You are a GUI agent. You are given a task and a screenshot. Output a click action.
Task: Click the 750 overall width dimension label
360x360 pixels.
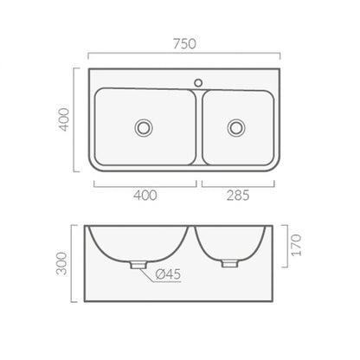pyautogui.click(x=184, y=44)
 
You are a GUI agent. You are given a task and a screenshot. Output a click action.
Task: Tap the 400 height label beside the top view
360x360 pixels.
pyautogui.click(x=64, y=119)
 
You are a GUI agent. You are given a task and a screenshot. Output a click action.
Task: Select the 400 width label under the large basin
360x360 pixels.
pyautogui.click(x=145, y=196)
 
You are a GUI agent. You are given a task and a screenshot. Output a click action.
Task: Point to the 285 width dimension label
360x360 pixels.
pyautogui.click(x=238, y=196)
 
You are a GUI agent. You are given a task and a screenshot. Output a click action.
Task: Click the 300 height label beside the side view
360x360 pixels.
pyautogui.click(x=61, y=263)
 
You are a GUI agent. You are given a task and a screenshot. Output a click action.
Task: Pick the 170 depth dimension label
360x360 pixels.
pyautogui.click(x=297, y=245)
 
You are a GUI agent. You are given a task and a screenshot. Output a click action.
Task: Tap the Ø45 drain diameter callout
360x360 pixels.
pyautogui.click(x=168, y=274)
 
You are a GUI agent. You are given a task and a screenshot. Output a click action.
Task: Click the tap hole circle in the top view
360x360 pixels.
pyautogui.click(x=198, y=83)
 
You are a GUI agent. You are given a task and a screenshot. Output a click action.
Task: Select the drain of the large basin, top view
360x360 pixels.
pyautogui.click(x=144, y=128)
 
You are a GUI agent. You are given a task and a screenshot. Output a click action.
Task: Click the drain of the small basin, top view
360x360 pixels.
pyautogui.click(x=236, y=128)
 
